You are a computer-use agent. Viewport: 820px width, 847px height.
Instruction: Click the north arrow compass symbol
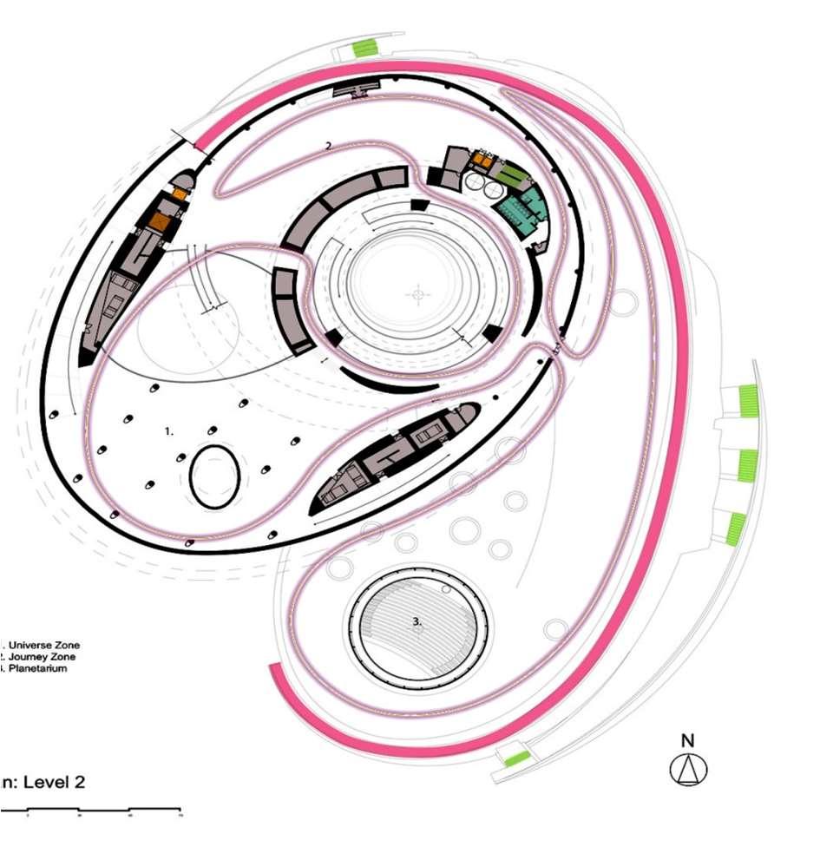click(688, 769)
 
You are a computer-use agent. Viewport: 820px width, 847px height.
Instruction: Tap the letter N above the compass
click(688, 741)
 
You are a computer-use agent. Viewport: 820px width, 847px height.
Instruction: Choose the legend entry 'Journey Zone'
click(39, 657)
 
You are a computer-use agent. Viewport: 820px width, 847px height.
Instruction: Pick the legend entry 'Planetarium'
click(36, 668)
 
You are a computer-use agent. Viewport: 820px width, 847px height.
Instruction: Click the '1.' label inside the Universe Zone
click(170, 430)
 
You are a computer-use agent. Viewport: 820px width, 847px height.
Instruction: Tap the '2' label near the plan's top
click(328, 147)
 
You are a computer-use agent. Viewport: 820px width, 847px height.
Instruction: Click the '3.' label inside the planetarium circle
click(417, 621)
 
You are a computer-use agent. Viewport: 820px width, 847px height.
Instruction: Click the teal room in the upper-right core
click(521, 207)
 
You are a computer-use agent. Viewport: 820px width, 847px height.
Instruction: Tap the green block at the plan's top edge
click(364, 48)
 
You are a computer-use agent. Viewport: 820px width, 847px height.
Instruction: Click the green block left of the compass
click(517, 759)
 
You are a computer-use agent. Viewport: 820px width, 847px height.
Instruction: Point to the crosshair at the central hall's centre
click(418, 295)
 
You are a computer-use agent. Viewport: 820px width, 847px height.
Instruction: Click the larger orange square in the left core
click(160, 220)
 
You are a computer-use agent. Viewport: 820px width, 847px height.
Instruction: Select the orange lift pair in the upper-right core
click(482, 161)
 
